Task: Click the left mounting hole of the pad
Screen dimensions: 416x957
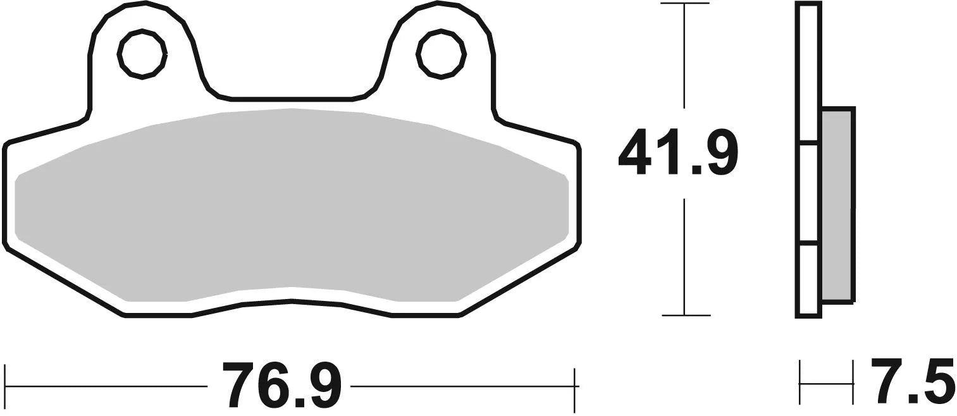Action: click(x=142, y=54)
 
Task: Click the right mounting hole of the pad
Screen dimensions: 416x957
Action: click(x=441, y=54)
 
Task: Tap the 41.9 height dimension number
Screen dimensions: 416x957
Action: click(x=678, y=152)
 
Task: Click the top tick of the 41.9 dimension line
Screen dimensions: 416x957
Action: click(x=684, y=4)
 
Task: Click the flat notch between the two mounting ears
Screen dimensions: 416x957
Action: click(x=291, y=99)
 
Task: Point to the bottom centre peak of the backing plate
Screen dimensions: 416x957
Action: click(x=292, y=302)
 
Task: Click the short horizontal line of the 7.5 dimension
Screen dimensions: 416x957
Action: click(x=826, y=382)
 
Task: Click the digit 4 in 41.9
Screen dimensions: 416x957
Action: click(x=635, y=152)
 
